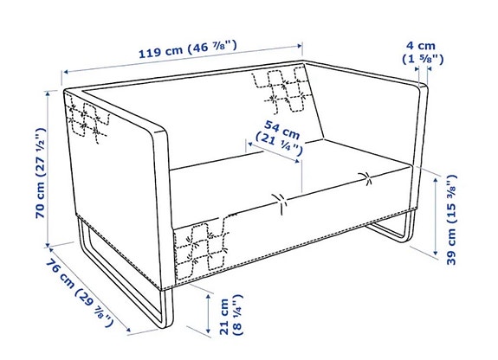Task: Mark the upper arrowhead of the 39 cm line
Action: pyautogui.click(x=437, y=178)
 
